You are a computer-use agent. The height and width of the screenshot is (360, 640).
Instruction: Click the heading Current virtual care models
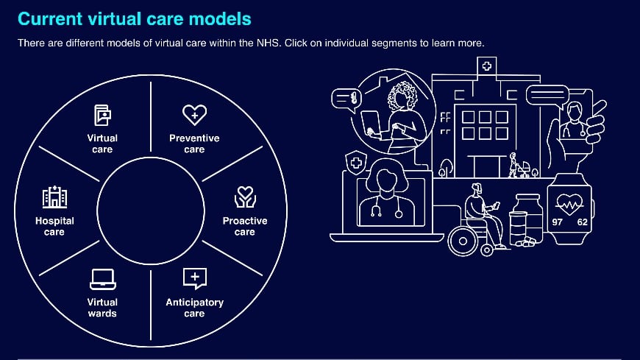(x=134, y=18)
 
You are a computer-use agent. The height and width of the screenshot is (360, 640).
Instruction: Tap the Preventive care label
(x=194, y=144)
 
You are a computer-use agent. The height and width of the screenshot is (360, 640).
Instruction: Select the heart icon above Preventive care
(x=194, y=114)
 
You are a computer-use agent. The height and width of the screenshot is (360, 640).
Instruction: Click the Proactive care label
(x=245, y=226)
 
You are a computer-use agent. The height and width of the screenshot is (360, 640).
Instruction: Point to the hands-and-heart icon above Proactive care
(x=245, y=197)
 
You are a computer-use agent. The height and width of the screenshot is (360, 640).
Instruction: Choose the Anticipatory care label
(x=194, y=308)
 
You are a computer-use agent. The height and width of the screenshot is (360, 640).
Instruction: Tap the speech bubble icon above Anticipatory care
(x=194, y=278)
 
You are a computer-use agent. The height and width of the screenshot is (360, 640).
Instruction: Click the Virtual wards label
(x=102, y=308)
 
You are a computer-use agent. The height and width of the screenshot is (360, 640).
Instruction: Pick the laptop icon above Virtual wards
(x=102, y=278)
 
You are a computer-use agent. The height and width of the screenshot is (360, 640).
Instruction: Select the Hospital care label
(x=54, y=226)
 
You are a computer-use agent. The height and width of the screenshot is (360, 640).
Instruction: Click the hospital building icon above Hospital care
(x=54, y=197)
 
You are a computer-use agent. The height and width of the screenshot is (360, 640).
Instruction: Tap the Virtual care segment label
(x=102, y=144)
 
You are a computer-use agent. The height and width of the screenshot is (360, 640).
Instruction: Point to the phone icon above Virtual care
(x=102, y=115)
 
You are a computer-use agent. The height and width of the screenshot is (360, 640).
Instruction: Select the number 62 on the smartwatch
(x=582, y=222)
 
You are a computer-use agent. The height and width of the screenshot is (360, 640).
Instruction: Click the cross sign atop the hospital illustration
(x=486, y=66)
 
